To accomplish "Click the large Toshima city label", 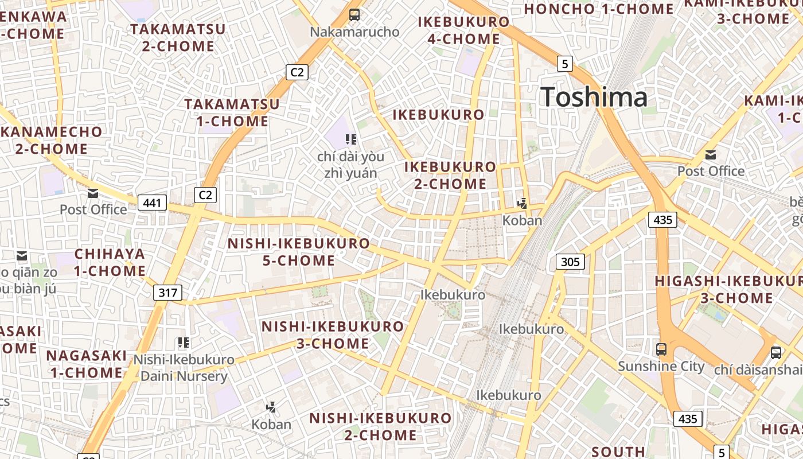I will [x=594, y=97].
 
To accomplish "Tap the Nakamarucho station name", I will [x=354, y=32].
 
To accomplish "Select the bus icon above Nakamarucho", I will [x=354, y=15].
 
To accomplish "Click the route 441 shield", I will [x=152, y=202].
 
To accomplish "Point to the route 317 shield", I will [x=167, y=293].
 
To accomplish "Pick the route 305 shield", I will [x=570, y=262].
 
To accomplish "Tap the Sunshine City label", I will [x=661, y=366].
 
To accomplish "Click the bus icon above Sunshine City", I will [x=661, y=349].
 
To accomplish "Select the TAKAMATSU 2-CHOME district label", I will [x=178, y=37].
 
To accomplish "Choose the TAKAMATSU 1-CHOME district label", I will [x=232, y=112].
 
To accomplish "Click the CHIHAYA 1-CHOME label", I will [x=110, y=262].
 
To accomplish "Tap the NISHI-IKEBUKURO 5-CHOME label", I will [x=298, y=251].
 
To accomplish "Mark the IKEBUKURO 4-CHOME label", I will [x=463, y=30].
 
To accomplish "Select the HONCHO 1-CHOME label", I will [x=599, y=9].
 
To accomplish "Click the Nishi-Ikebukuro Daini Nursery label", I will [x=184, y=368].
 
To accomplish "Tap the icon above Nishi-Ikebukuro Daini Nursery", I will [x=184, y=343].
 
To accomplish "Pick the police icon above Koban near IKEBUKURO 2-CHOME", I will [x=522, y=203].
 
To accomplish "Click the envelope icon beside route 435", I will [x=711, y=154].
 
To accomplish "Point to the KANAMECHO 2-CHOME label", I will [x=52, y=140].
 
